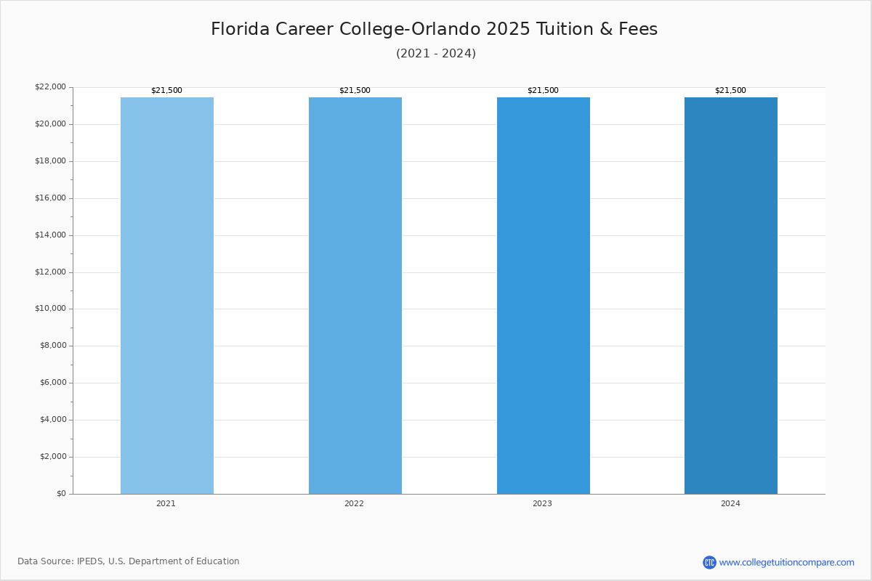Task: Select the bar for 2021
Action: [x=167, y=296]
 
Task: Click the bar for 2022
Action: [x=355, y=296]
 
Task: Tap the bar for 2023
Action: [x=543, y=296]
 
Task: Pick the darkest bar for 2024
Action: [x=730, y=296]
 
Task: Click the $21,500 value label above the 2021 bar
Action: [x=166, y=91]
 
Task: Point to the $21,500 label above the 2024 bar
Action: [x=730, y=91]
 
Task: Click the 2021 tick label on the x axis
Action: [x=166, y=504]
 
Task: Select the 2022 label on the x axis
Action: [x=354, y=504]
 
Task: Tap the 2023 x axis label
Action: [x=542, y=504]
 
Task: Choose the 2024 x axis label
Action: [x=730, y=504]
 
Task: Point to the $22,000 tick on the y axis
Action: [x=50, y=87]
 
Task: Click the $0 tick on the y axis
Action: [x=61, y=494]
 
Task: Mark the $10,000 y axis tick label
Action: [x=50, y=309]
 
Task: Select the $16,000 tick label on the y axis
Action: [x=50, y=198]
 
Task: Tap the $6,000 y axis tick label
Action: [x=52, y=383]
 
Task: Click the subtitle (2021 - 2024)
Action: [x=436, y=54]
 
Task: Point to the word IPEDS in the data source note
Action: [x=90, y=561]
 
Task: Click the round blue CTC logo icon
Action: [x=709, y=562]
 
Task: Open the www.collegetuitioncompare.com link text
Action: [x=786, y=562]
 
